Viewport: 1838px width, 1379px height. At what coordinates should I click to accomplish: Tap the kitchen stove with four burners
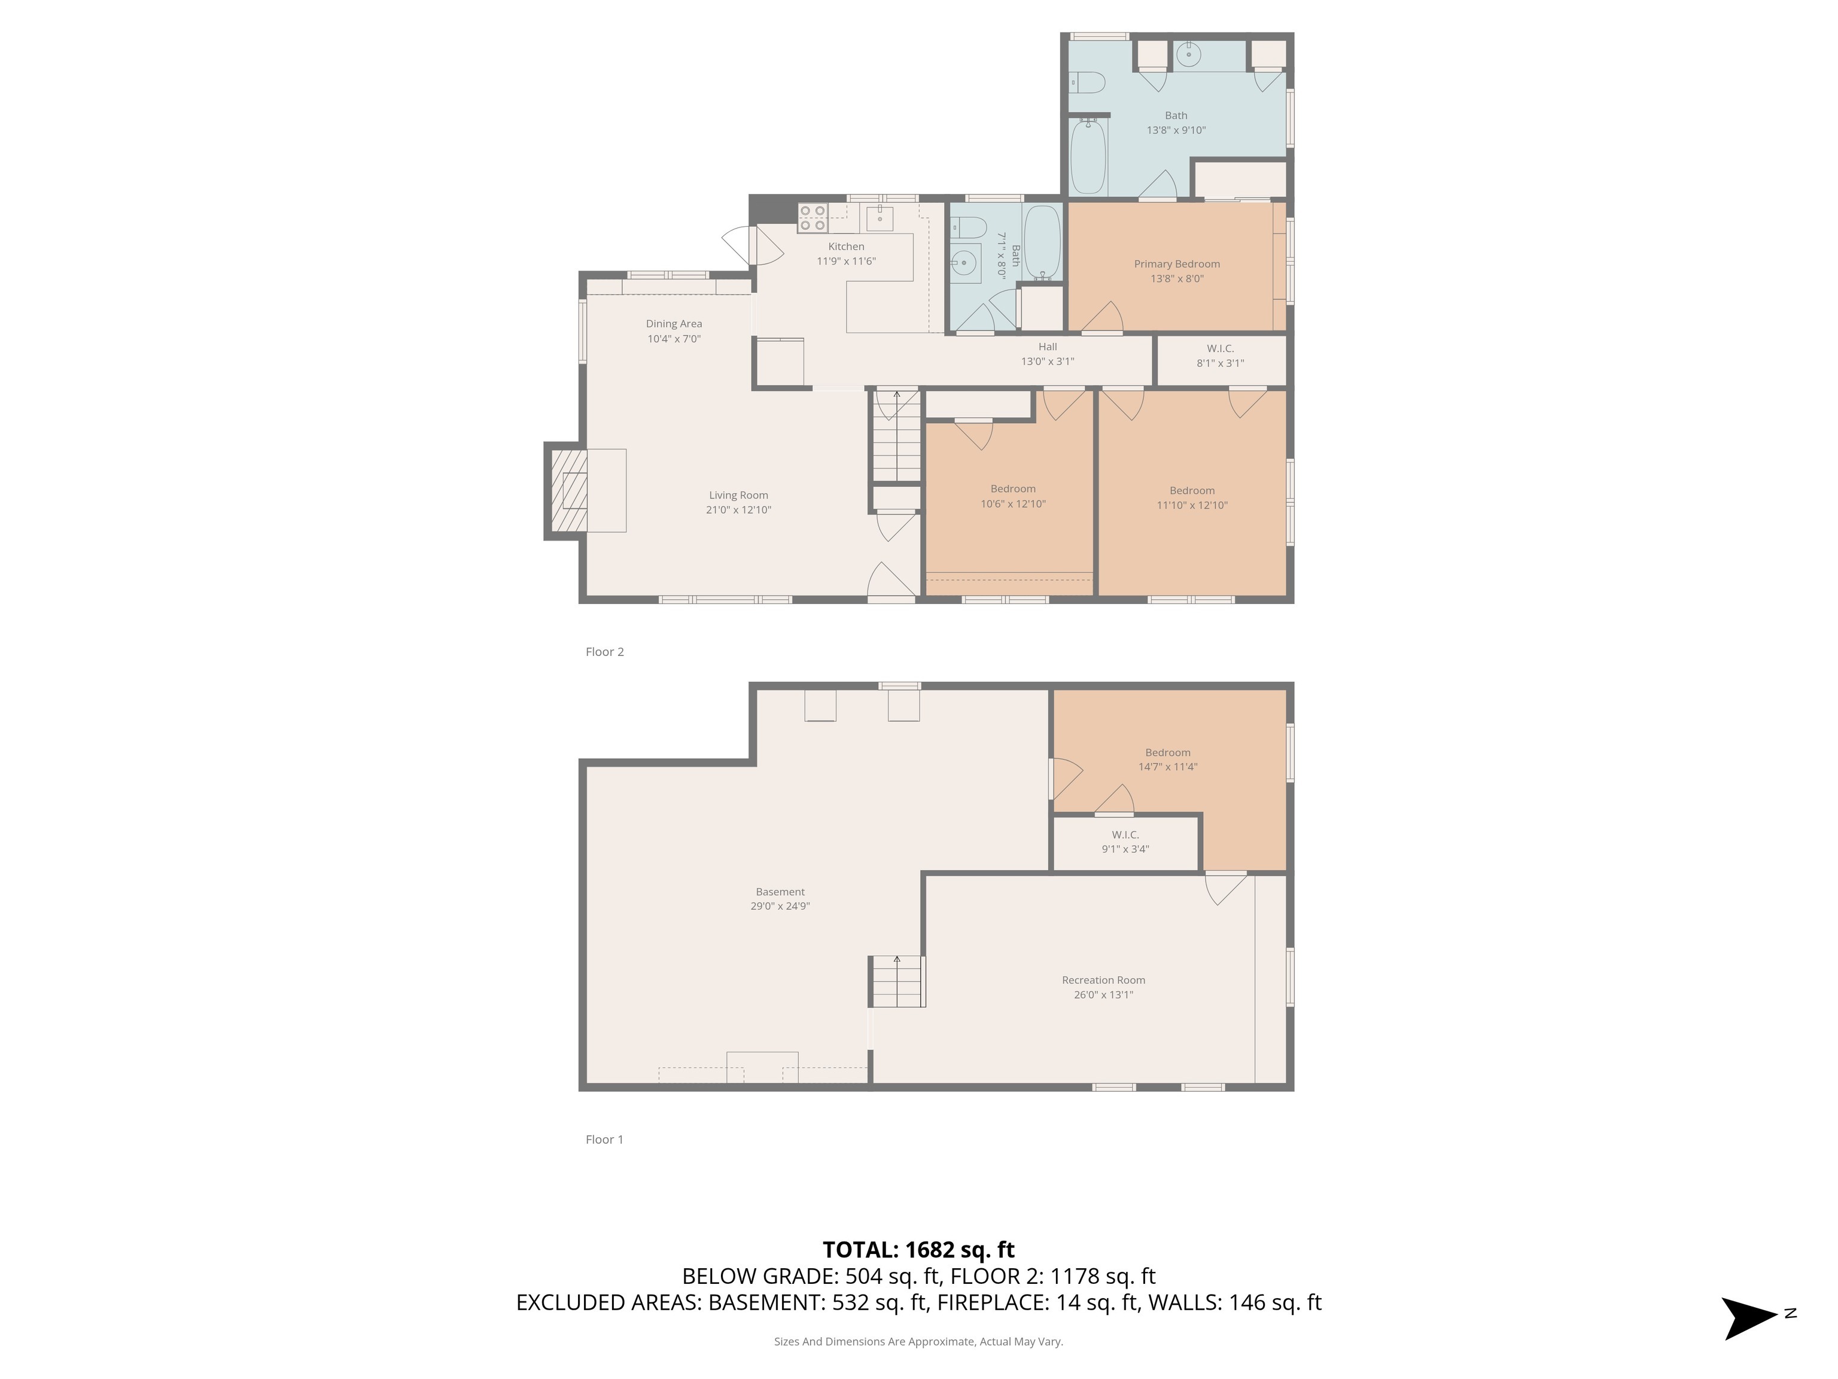[813, 218]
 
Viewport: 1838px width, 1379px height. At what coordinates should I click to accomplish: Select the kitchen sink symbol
[879, 218]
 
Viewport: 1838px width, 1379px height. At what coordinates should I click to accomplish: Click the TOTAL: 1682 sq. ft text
[918, 1249]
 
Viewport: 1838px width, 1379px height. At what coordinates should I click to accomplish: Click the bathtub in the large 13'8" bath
[1088, 158]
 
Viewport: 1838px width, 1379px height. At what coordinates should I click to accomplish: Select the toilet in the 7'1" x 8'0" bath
[968, 227]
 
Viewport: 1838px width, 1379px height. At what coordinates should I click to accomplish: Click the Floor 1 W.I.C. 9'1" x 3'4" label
[1125, 841]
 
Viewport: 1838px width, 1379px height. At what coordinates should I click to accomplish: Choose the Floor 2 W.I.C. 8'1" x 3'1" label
[1220, 355]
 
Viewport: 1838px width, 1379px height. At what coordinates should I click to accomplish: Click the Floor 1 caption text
[604, 1139]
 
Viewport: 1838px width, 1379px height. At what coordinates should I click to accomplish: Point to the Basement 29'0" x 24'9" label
[780, 898]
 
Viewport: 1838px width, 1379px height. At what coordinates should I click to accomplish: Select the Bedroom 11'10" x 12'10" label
[1192, 497]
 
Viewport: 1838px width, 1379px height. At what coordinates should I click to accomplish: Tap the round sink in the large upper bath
[1189, 56]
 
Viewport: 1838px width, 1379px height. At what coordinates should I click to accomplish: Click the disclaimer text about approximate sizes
[918, 1341]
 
